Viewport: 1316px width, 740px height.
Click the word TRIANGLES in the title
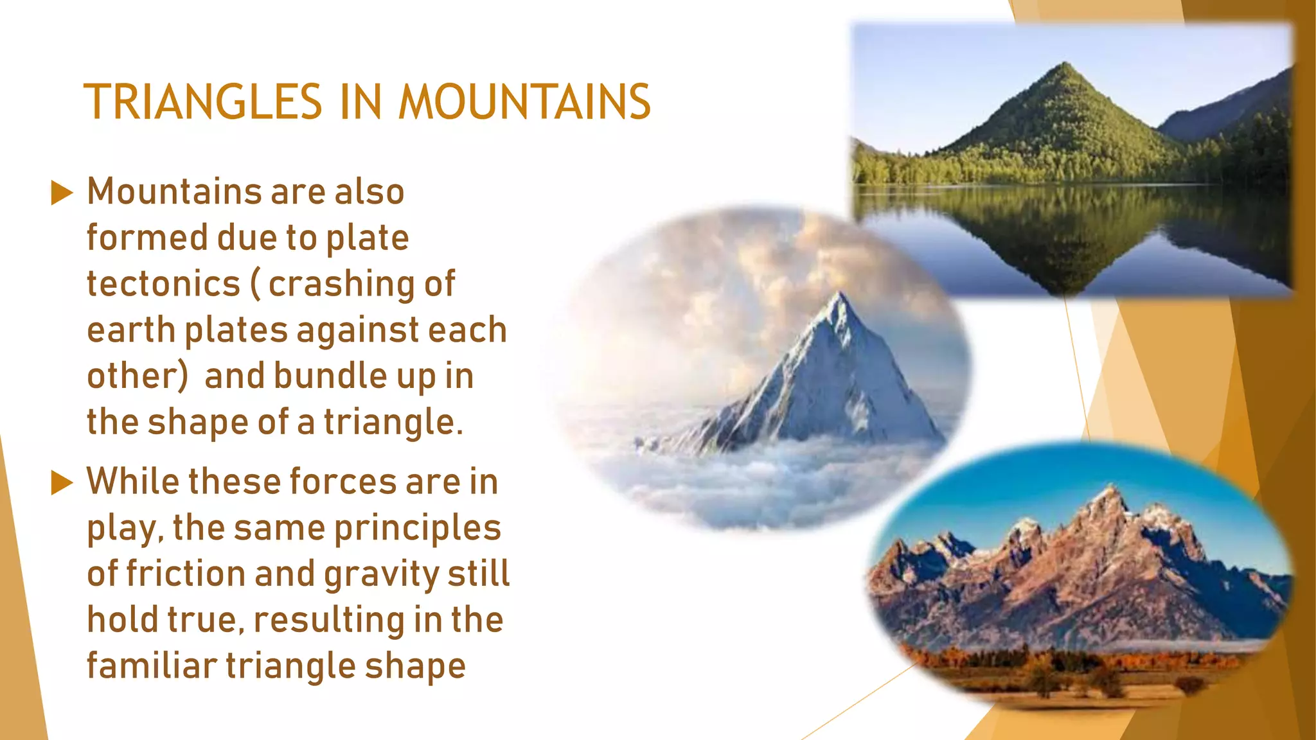tap(203, 102)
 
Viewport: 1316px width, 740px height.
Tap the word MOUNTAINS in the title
tap(524, 102)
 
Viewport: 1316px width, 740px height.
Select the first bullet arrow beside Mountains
tap(62, 193)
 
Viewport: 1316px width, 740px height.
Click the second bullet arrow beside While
tap(62, 482)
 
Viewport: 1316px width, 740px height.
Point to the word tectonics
tap(163, 284)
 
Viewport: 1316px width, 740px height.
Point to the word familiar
tap(152, 665)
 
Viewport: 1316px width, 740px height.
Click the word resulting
tap(329, 620)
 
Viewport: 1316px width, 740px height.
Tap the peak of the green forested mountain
tap(1066, 64)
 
